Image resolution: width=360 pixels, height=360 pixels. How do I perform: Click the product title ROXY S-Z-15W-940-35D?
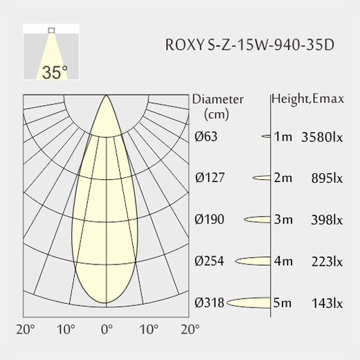point(250,44)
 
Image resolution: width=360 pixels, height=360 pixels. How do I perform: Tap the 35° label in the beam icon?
point(55,73)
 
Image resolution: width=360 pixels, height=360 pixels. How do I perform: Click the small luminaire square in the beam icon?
point(51,30)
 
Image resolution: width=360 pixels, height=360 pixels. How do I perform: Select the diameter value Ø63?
point(206,136)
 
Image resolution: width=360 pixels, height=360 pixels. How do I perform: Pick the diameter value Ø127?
point(210,178)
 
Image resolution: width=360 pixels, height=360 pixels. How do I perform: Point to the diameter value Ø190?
point(209,219)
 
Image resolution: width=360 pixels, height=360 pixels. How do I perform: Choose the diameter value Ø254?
point(209,261)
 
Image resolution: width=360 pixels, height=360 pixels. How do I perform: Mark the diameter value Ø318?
point(209,303)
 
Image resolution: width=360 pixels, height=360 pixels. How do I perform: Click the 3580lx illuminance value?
point(322,137)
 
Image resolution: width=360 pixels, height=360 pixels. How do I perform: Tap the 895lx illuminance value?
point(327,179)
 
